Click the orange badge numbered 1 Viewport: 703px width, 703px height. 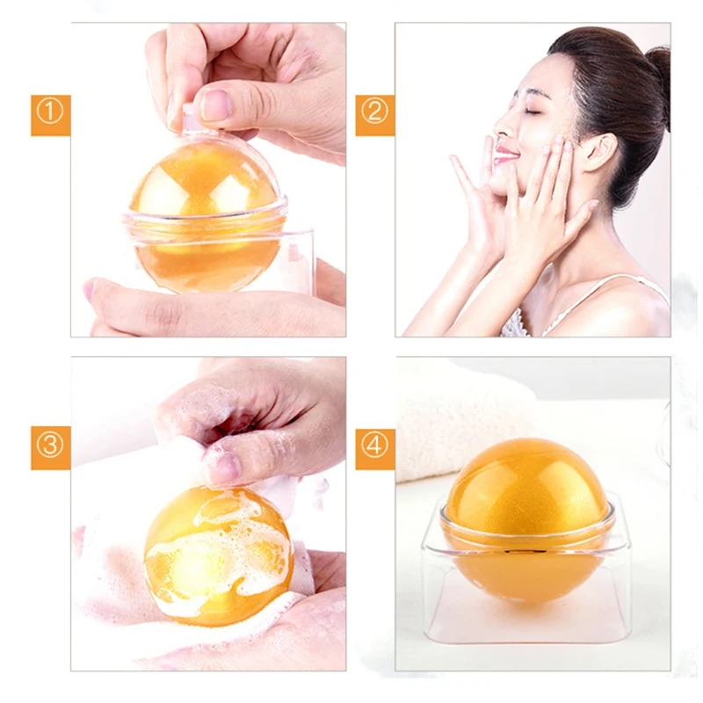point(51,115)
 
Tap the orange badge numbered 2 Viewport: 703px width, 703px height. point(375,115)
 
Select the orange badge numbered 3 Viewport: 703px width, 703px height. point(51,448)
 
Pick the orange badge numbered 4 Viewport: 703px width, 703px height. point(375,448)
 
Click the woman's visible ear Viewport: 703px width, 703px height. point(601,152)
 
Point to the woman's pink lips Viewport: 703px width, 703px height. point(507,153)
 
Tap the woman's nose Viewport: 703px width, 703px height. point(501,127)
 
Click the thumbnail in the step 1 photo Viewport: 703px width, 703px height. point(215,105)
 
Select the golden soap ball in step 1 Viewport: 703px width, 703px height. point(207,215)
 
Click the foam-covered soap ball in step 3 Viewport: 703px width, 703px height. point(218,556)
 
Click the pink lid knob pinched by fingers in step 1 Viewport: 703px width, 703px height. point(188,116)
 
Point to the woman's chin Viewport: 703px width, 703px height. point(496,179)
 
